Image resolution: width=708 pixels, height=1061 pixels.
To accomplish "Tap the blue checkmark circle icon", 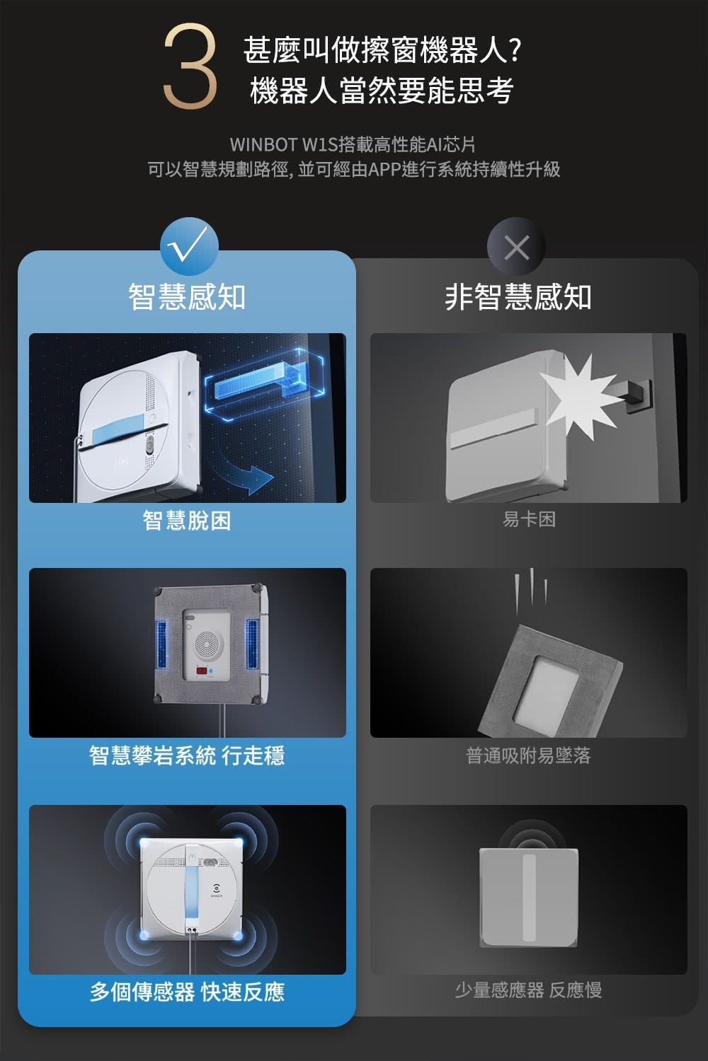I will (x=188, y=245).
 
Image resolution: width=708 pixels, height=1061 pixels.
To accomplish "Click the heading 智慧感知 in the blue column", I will (x=187, y=296).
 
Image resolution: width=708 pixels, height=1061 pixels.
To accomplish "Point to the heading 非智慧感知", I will (x=518, y=296).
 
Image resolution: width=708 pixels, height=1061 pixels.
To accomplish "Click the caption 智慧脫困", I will (x=187, y=521).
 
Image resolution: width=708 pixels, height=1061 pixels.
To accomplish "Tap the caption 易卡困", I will (x=529, y=520).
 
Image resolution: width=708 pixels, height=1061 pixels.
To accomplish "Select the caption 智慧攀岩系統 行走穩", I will (x=187, y=755).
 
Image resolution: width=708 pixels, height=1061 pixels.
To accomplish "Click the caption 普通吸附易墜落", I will (x=528, y=755).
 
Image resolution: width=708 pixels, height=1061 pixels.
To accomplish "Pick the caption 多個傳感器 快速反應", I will (x=187, y=992).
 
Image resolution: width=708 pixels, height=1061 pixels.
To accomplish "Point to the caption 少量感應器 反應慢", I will (x=528, y=990).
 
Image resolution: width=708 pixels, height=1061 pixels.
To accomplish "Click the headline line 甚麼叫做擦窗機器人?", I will (x=382, y=50).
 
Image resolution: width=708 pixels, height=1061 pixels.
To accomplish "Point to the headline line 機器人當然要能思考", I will (x=382, y=91).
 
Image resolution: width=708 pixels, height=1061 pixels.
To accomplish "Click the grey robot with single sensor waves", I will (x=528, y=896).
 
